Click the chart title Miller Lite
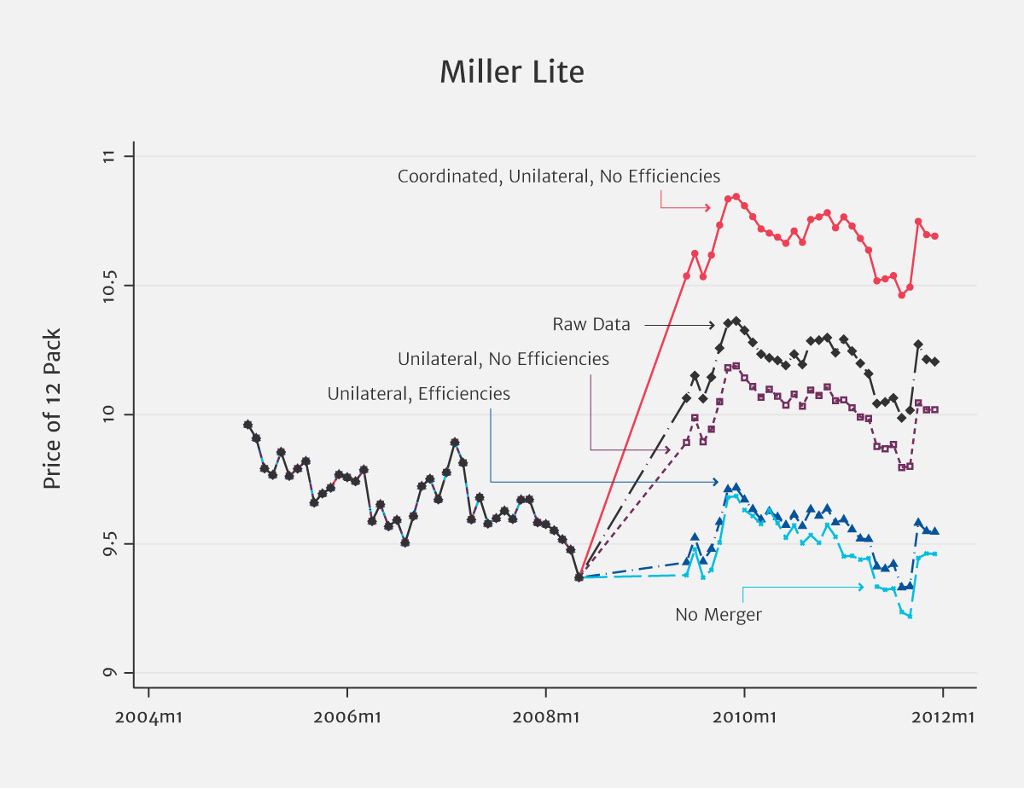pos(512,72)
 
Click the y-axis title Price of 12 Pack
pos(52,409)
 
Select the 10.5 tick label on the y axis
pos(108,286)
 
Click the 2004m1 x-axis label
pos(148,716)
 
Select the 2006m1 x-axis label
pos(347,716)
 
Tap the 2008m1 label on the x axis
pos(546,716)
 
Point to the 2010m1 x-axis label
pos(744,716)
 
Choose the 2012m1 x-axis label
pos(943,716)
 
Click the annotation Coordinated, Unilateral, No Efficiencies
pos(559,177)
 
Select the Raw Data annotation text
pos(591,325)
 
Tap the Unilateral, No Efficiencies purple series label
pos(503,359)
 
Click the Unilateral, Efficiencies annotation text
pos(419,394)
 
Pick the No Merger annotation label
pos(719,614)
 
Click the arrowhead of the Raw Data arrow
pos(712,325)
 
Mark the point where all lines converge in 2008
pos(579,577)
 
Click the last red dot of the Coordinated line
pos(934,236)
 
